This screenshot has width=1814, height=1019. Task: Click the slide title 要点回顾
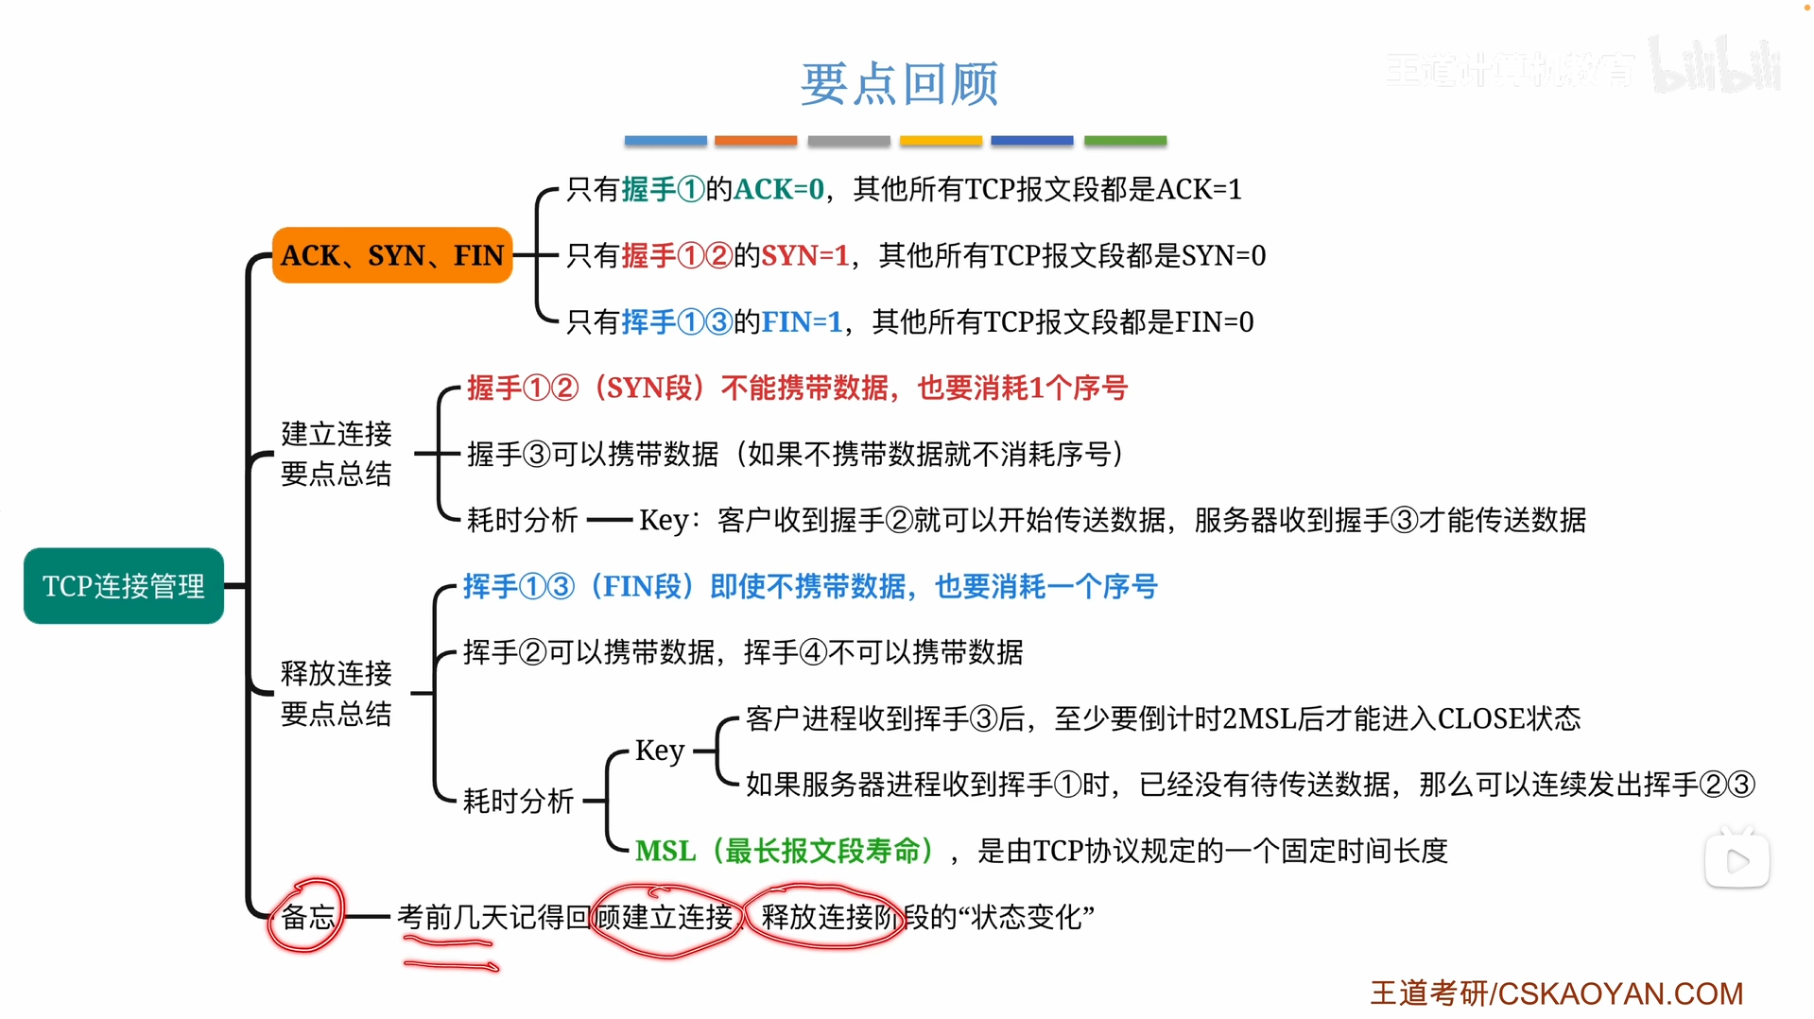click(x=899, y=83)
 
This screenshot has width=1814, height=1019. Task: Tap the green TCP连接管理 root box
click(x=124, y=586)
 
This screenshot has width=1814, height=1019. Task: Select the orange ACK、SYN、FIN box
click(x=392, y=255)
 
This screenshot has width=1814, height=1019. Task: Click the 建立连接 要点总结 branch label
click(x=337, y=454)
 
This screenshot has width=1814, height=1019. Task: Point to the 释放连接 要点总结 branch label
click(x=337, y=693)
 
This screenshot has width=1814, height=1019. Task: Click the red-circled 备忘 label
click(x=308, y=916)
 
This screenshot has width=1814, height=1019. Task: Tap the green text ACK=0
click(x=779, y=189)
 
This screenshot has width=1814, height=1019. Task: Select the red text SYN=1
click(x=805, y=255)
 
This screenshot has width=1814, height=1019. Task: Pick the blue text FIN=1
click(x=802, y=321)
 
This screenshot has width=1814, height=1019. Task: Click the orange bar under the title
click(x=755, y=141)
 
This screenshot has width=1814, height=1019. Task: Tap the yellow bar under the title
click(x=941, y=141)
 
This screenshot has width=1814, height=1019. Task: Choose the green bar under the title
click(x=1125, y=141)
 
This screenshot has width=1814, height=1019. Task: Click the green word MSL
click(x=665, y=851)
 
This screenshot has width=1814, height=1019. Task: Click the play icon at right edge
click(x=1737, y=860)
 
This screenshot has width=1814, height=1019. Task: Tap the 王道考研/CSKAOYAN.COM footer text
click(x=1556, y=993)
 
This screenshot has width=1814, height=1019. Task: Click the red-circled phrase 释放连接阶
click(x=828, y=916)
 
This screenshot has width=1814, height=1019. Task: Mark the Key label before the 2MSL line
click(x=660, y=751)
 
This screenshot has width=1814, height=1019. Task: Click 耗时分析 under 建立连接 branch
click(x=522, y=520)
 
